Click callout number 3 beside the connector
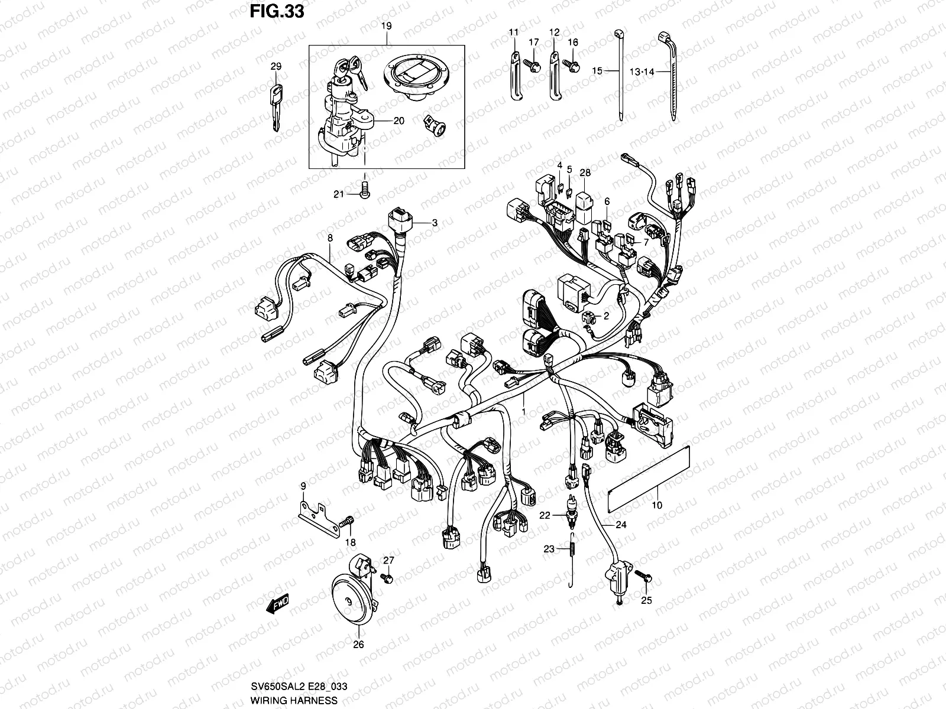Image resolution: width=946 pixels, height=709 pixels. pyautogui.click(x=434, y=223)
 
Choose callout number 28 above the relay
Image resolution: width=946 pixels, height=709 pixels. pyautogui.click(x=585, y=173)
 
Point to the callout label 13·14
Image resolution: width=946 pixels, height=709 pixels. pyautogui.click(x=642, y=71)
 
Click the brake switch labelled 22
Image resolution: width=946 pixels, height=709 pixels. pyautogui.click(x=572, y=515)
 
